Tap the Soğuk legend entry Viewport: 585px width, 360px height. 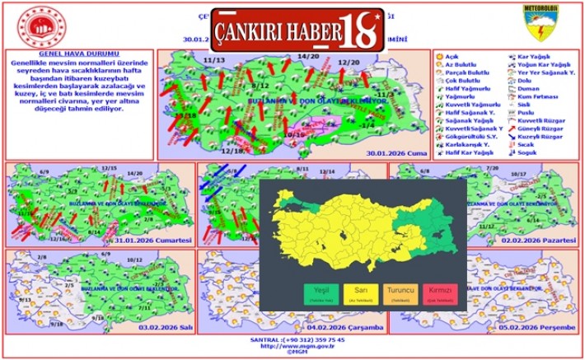tap(528, 152)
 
